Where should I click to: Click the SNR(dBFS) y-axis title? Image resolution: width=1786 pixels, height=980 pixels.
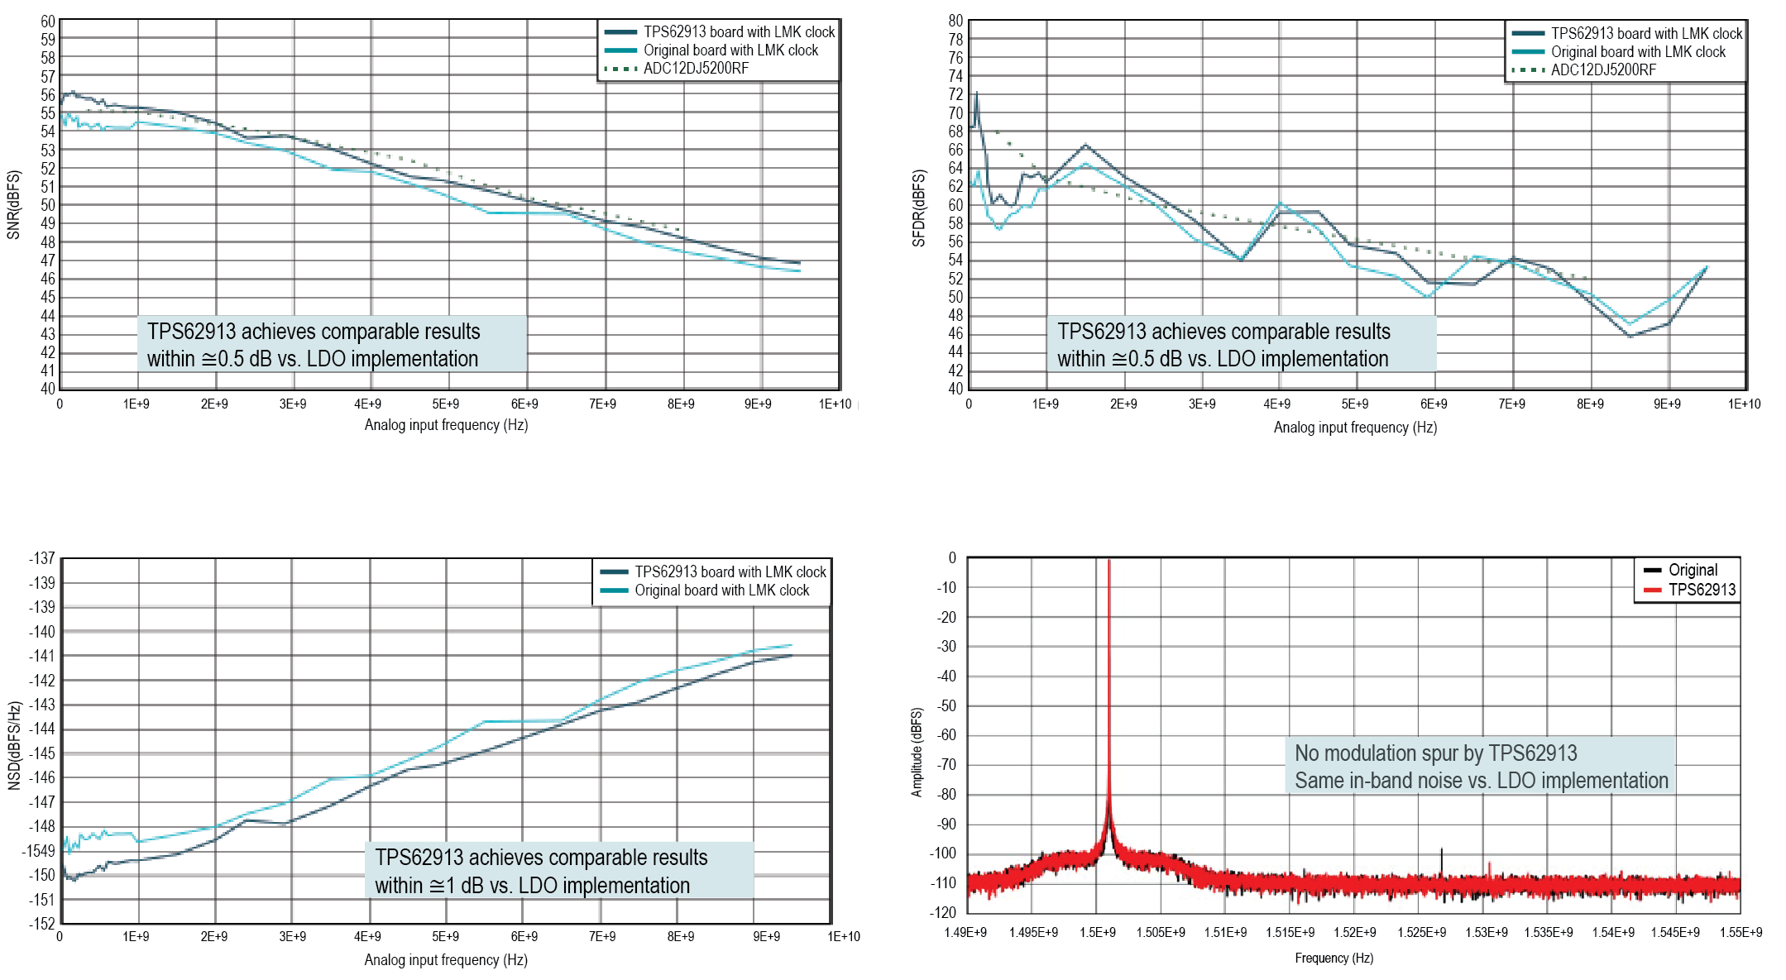13,205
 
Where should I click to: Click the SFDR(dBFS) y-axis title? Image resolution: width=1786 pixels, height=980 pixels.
918,208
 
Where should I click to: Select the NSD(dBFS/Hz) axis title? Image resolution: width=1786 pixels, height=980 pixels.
14,745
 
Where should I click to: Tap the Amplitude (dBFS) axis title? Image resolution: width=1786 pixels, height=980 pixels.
917,752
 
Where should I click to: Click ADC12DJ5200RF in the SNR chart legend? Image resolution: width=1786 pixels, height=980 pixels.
696,69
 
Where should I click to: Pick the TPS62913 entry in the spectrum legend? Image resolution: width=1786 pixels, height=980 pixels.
1701,590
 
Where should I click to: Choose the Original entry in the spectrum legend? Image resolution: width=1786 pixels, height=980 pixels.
1692,570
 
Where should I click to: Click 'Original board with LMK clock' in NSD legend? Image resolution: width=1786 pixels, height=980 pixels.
721,590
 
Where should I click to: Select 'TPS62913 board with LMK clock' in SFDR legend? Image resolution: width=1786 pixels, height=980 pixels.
1645,34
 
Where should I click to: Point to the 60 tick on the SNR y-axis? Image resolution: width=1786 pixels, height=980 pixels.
48,22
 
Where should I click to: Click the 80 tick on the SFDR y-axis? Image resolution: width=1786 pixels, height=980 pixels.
955,21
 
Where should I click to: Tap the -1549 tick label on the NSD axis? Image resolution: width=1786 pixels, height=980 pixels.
38,851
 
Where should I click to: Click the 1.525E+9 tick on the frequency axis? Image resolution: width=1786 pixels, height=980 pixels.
1421,933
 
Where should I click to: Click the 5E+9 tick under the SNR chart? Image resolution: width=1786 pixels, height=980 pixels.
445,404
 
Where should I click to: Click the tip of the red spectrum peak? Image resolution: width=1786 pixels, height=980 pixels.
1108,562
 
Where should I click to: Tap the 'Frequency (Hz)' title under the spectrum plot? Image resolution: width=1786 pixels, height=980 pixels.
1334,958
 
